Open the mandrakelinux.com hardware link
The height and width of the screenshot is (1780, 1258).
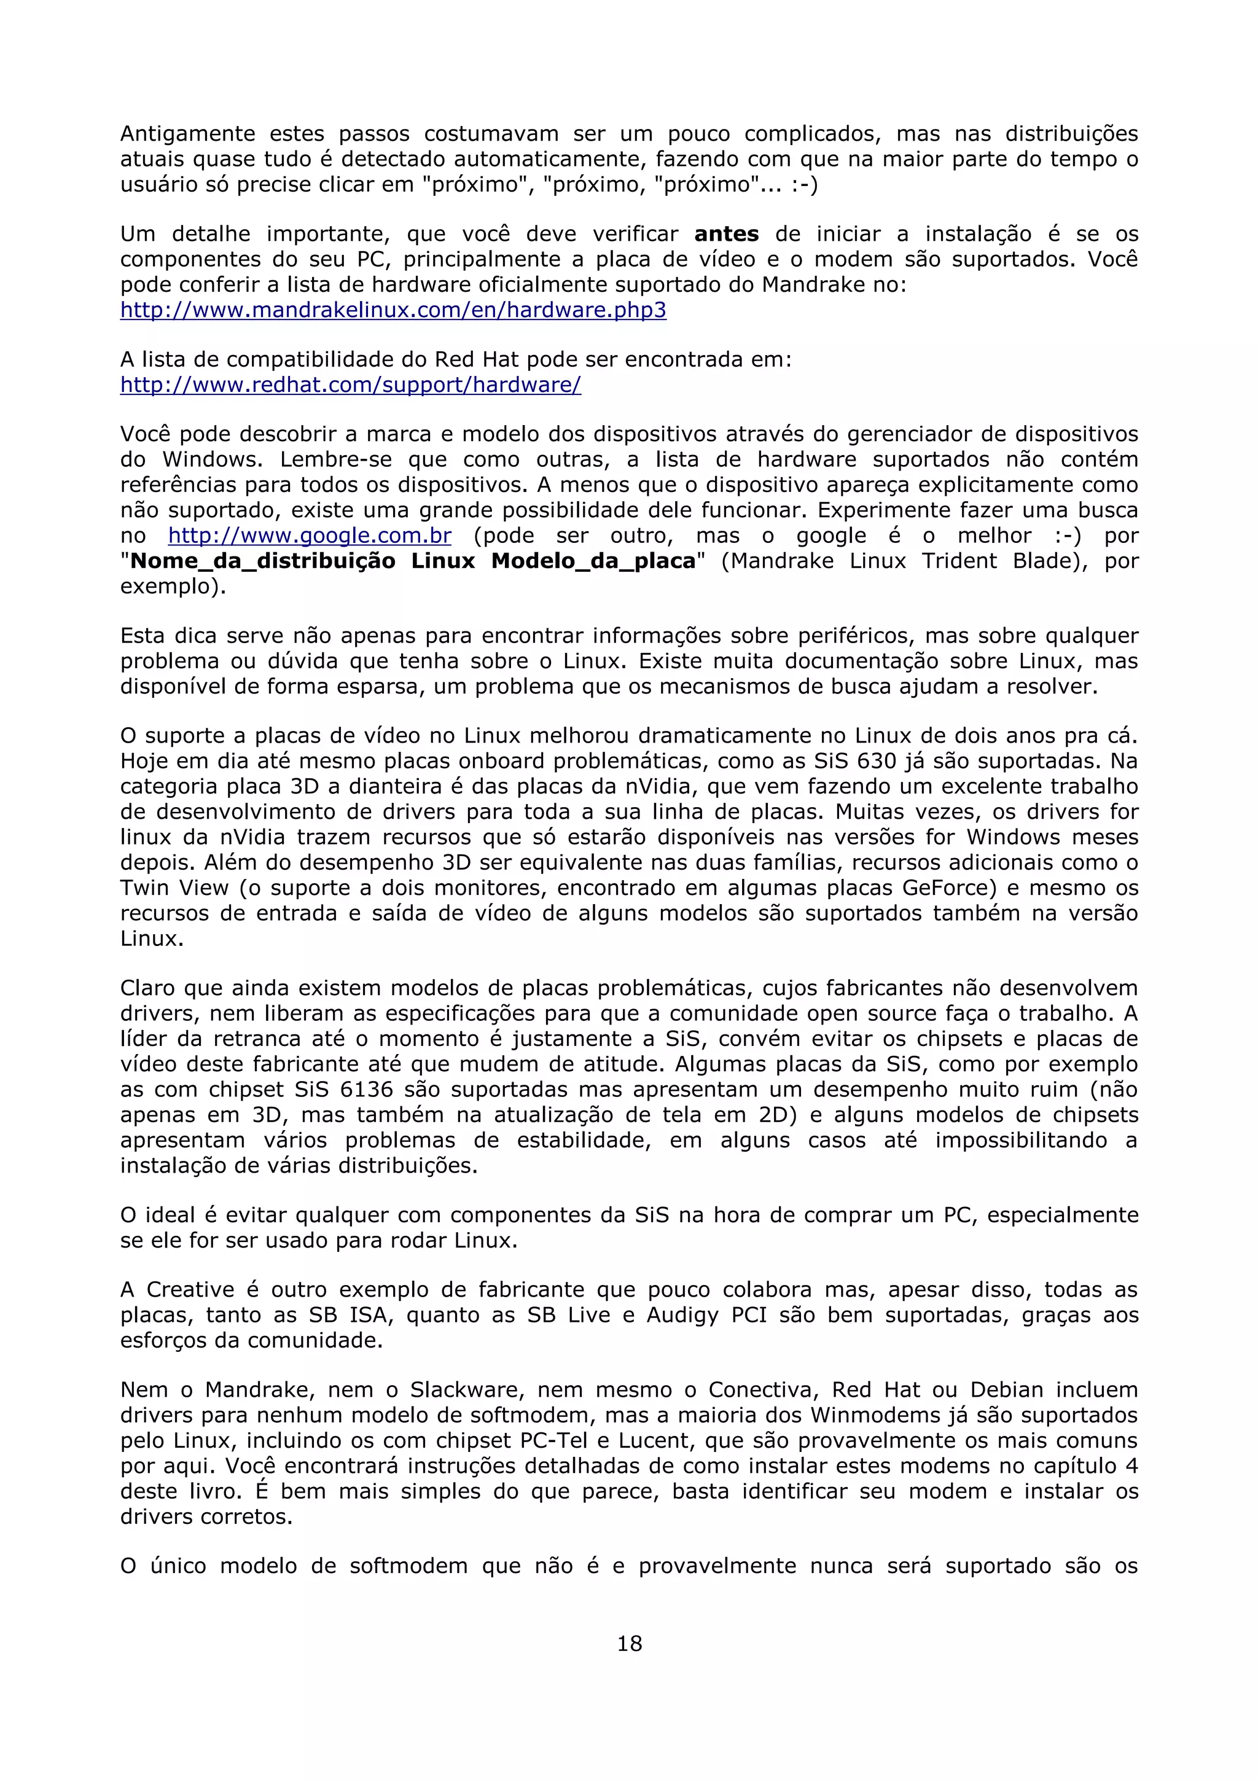[393, 310]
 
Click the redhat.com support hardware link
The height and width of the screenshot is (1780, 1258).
[350, 385]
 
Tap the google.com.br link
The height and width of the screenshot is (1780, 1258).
[309, 536]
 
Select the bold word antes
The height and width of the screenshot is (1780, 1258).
[726, 234]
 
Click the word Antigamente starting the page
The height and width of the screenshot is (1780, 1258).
[187, 134]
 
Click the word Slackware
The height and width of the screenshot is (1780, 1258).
[467, 1390]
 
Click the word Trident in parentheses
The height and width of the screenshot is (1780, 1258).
[959, 561]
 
